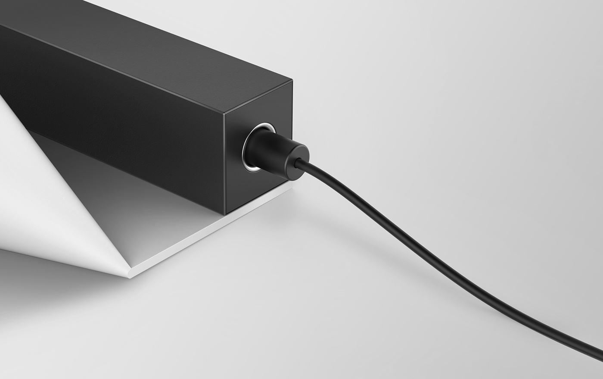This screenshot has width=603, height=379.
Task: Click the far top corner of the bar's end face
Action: point(292,81)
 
